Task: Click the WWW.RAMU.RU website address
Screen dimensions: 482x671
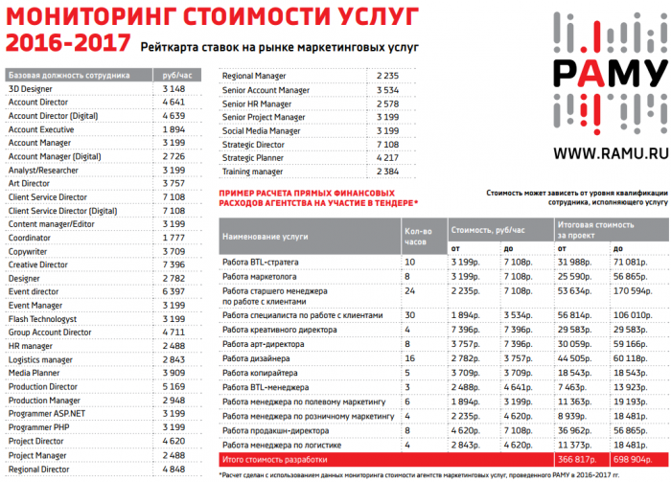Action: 609,152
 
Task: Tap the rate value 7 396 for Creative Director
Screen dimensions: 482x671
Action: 174,264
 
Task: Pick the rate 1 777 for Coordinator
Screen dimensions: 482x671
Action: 174,238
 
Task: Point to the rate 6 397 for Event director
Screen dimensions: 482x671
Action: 174,291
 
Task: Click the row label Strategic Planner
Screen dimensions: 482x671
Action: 253,157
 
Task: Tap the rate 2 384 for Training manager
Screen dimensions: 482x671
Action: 387,172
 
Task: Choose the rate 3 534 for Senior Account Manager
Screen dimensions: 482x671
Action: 387,90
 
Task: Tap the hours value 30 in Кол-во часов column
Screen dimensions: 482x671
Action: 409,314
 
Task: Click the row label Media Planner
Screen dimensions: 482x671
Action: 35,373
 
